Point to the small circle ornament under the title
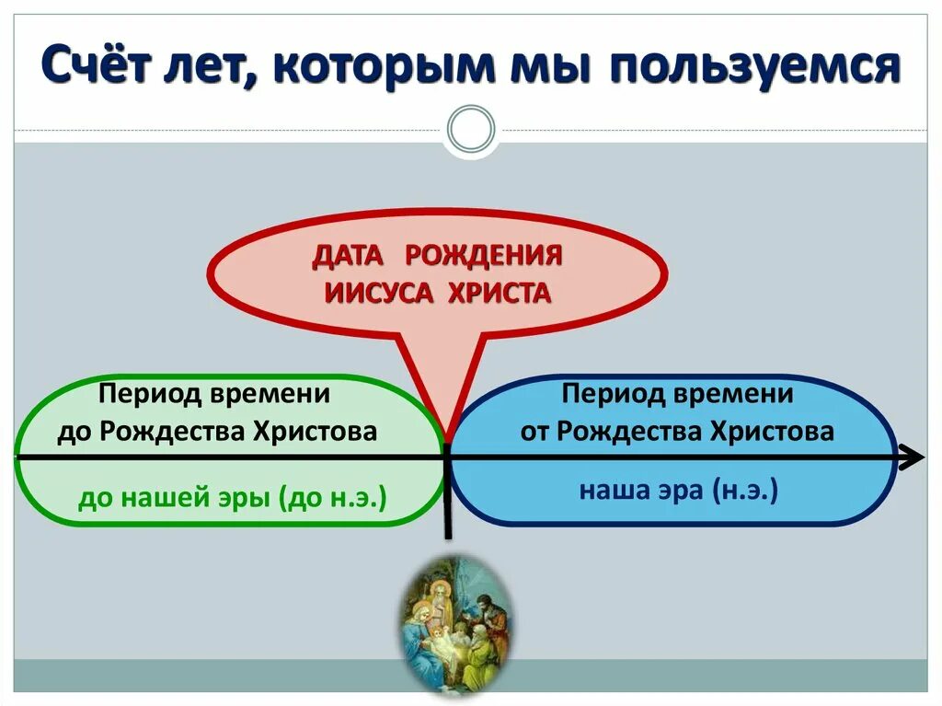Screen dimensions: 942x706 click(x=470, y=128)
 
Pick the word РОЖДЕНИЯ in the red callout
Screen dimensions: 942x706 click(x=483, y=255)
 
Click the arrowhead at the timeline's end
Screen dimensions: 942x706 click(x=913, y=456)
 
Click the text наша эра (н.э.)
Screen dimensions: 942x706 click(x=678, y=490)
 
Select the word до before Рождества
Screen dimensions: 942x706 click(x=70, y=431)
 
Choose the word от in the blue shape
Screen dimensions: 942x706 click(x=534, y=431)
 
